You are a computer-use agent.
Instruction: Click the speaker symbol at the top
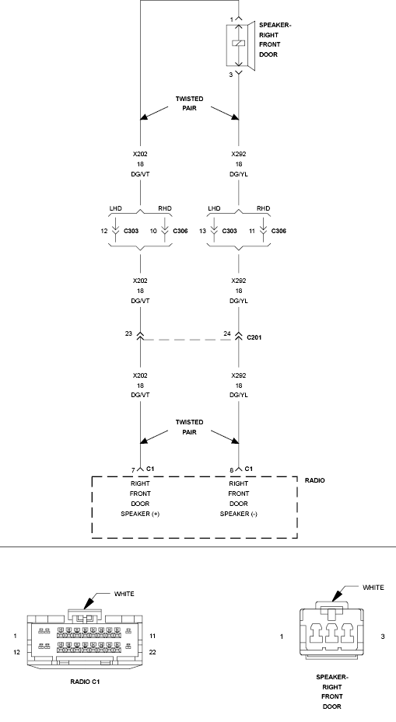(x=240, y=46)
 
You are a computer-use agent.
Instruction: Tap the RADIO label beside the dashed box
(x=315, y=481)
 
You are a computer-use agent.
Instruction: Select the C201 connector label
(x=254, y=337)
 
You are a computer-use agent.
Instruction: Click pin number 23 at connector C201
(x=128, y=334)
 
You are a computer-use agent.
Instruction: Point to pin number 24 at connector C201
(x=227, y=334)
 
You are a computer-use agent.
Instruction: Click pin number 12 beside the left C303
(x=103, y=231)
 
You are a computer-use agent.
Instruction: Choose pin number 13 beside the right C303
(x=202, y=231)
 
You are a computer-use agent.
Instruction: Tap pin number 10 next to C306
(x=153, y=231)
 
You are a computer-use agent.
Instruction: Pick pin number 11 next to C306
(x=252, y=231)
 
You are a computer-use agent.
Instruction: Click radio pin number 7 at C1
(x=133, y=471)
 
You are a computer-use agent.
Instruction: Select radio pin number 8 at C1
(x=231, y=471)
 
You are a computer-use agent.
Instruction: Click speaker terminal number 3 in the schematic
(x=231, y=75)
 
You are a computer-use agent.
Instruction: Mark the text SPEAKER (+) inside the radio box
(x=140, y=514)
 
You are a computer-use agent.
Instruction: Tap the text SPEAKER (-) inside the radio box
(x=238, y=514)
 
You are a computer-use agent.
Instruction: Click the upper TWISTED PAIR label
(x=190, y=103)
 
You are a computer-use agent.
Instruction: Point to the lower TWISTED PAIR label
(x=190, y=427)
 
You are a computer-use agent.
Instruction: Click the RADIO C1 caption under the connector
(x=85, y=682)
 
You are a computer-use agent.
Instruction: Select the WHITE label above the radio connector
(x=124, y=594)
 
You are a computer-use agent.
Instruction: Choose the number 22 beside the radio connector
(x=152, y=652)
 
